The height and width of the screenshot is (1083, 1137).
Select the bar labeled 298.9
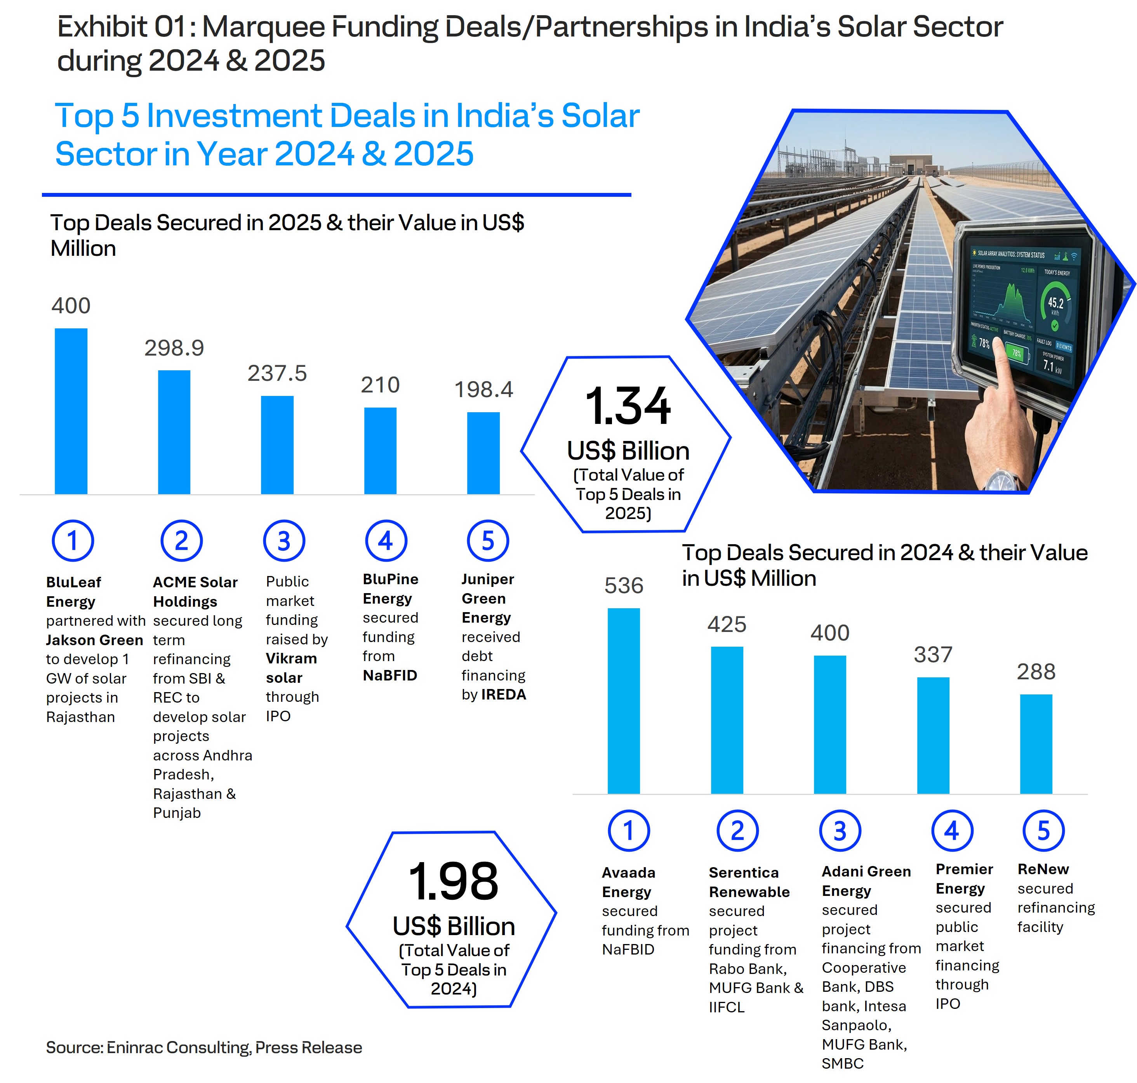click(174, 431)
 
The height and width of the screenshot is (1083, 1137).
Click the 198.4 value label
click(483, 390)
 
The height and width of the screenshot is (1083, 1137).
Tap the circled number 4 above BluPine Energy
click(386, 541)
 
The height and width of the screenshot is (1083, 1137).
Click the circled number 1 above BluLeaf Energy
click(73, 541)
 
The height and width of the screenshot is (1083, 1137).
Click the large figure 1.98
click(453, 882)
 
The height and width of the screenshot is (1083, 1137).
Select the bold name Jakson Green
click(94, 640)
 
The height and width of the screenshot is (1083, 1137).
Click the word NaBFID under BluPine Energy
click(390, 675)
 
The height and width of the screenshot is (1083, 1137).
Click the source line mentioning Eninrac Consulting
click(204, 1047)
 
